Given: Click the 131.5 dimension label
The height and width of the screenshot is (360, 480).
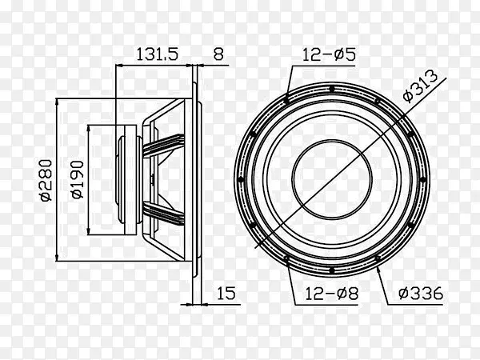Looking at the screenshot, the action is pos(157,54).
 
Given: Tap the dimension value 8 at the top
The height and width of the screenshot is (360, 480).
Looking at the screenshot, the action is pos(218,54).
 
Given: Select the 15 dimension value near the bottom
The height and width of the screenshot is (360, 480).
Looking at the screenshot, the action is pos(226,293).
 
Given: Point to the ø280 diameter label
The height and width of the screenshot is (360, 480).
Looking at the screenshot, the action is pos(46,180).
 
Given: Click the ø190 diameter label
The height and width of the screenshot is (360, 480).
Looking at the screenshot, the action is pos(78,180).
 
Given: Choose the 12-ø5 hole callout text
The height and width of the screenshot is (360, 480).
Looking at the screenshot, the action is pos(329,54).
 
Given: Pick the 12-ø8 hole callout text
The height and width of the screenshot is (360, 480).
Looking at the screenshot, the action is pos(331,294).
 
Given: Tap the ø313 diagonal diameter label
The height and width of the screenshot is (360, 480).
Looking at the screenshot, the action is pos(421,86).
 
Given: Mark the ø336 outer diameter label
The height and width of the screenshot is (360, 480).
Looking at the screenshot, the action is pos(421,293).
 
